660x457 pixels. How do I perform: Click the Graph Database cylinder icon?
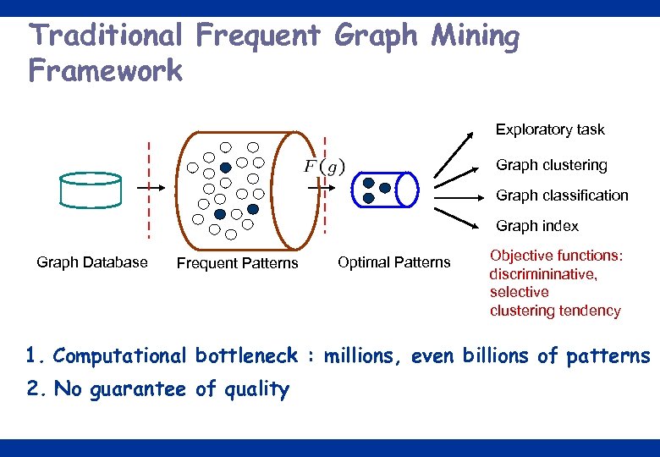[x=91, y=190]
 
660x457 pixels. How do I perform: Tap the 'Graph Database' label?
[x=92, y=262]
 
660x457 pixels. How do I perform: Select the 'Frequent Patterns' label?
[x=237, y=263]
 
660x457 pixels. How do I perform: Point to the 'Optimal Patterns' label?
[x=393, y=262]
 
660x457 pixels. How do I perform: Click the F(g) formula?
[x=324, y=167]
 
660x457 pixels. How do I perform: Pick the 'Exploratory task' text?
[x=550, y=129]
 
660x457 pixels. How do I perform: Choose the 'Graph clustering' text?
[x=551, y=165]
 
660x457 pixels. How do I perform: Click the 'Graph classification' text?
[x=562, y=195]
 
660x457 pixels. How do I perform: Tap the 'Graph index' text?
[x=537, y=226]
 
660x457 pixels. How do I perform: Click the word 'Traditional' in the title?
[x=105, y=36]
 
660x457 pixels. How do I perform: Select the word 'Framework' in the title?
[x=105, y=71]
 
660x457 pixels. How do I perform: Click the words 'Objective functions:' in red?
[x=556, y=256]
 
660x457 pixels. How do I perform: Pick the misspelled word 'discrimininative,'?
[x=543, y=274]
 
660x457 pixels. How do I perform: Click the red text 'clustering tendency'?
[x=555, y=311]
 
